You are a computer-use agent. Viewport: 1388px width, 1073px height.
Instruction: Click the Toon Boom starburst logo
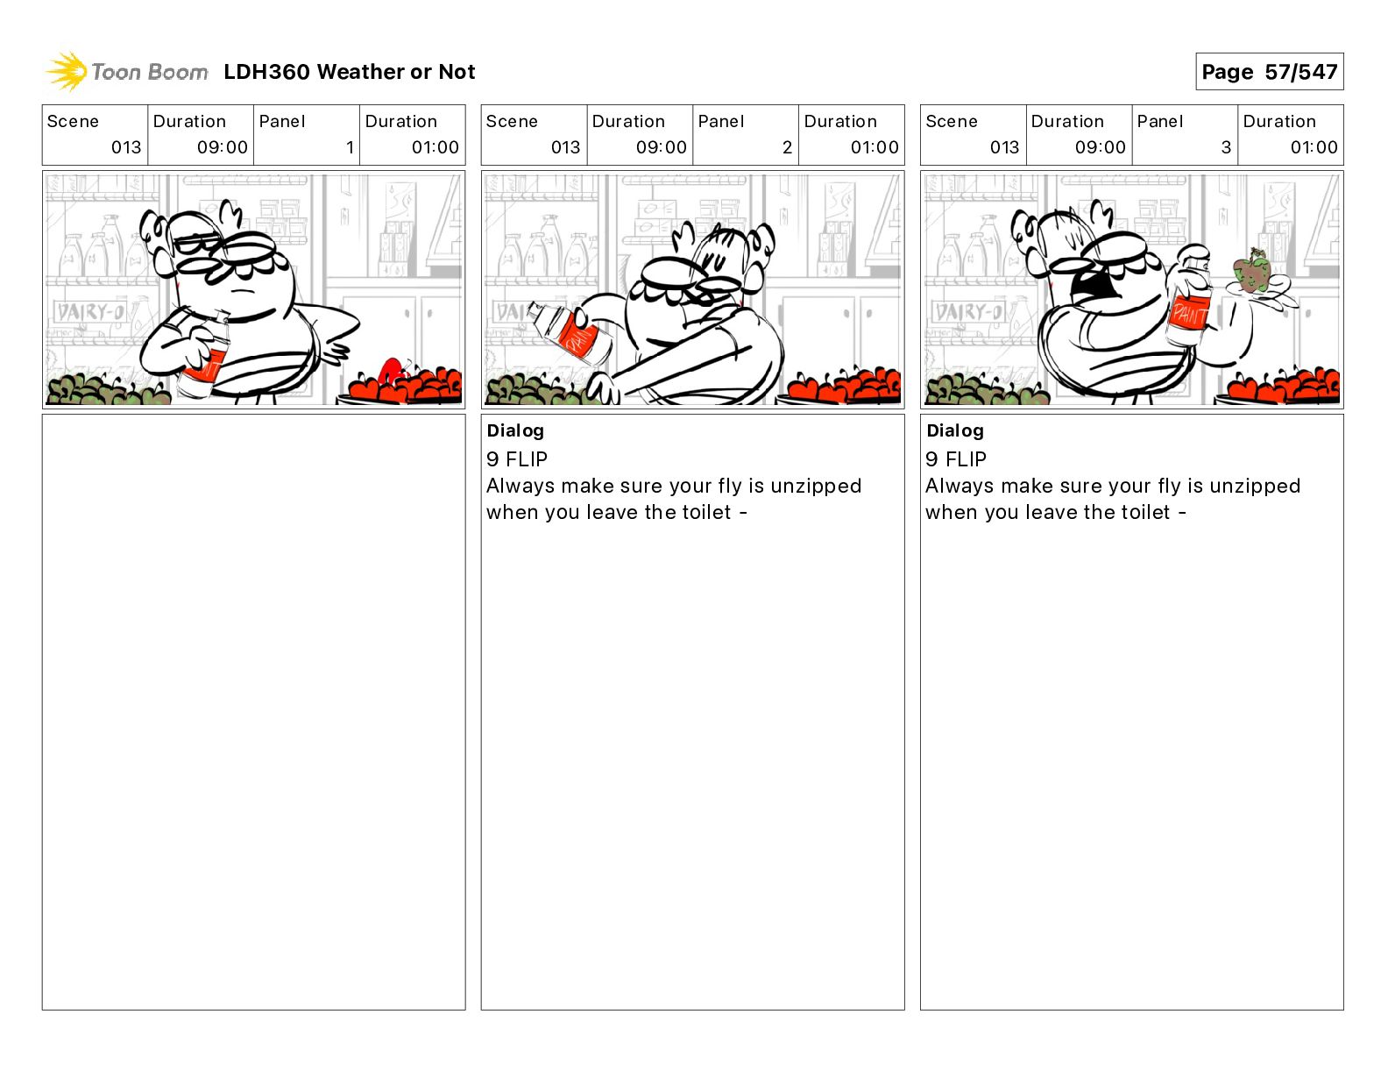[67, 72]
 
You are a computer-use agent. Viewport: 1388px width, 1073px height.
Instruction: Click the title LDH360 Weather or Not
[350, 72]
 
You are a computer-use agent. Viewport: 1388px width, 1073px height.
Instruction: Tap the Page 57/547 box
[1269, 72]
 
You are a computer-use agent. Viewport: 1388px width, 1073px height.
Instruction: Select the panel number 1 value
[350, 147]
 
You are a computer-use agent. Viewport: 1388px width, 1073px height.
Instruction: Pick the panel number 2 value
[788, 147]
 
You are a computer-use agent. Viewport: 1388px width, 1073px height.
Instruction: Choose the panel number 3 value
[1227, 147]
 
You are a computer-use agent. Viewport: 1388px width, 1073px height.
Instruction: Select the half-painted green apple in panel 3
[1251, 272]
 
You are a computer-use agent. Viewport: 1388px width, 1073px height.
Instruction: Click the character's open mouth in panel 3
[1094, 284]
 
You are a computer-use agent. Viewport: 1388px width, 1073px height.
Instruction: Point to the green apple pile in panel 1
[107, 388]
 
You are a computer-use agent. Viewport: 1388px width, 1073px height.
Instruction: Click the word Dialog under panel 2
[515, 430]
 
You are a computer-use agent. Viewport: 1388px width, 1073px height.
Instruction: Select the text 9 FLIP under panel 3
[956, 458]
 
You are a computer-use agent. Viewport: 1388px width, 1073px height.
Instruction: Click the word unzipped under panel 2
[816, 487]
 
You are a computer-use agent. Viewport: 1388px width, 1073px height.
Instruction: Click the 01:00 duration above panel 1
[435, 147]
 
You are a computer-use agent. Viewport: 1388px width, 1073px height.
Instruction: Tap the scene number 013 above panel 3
[1004, 147]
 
